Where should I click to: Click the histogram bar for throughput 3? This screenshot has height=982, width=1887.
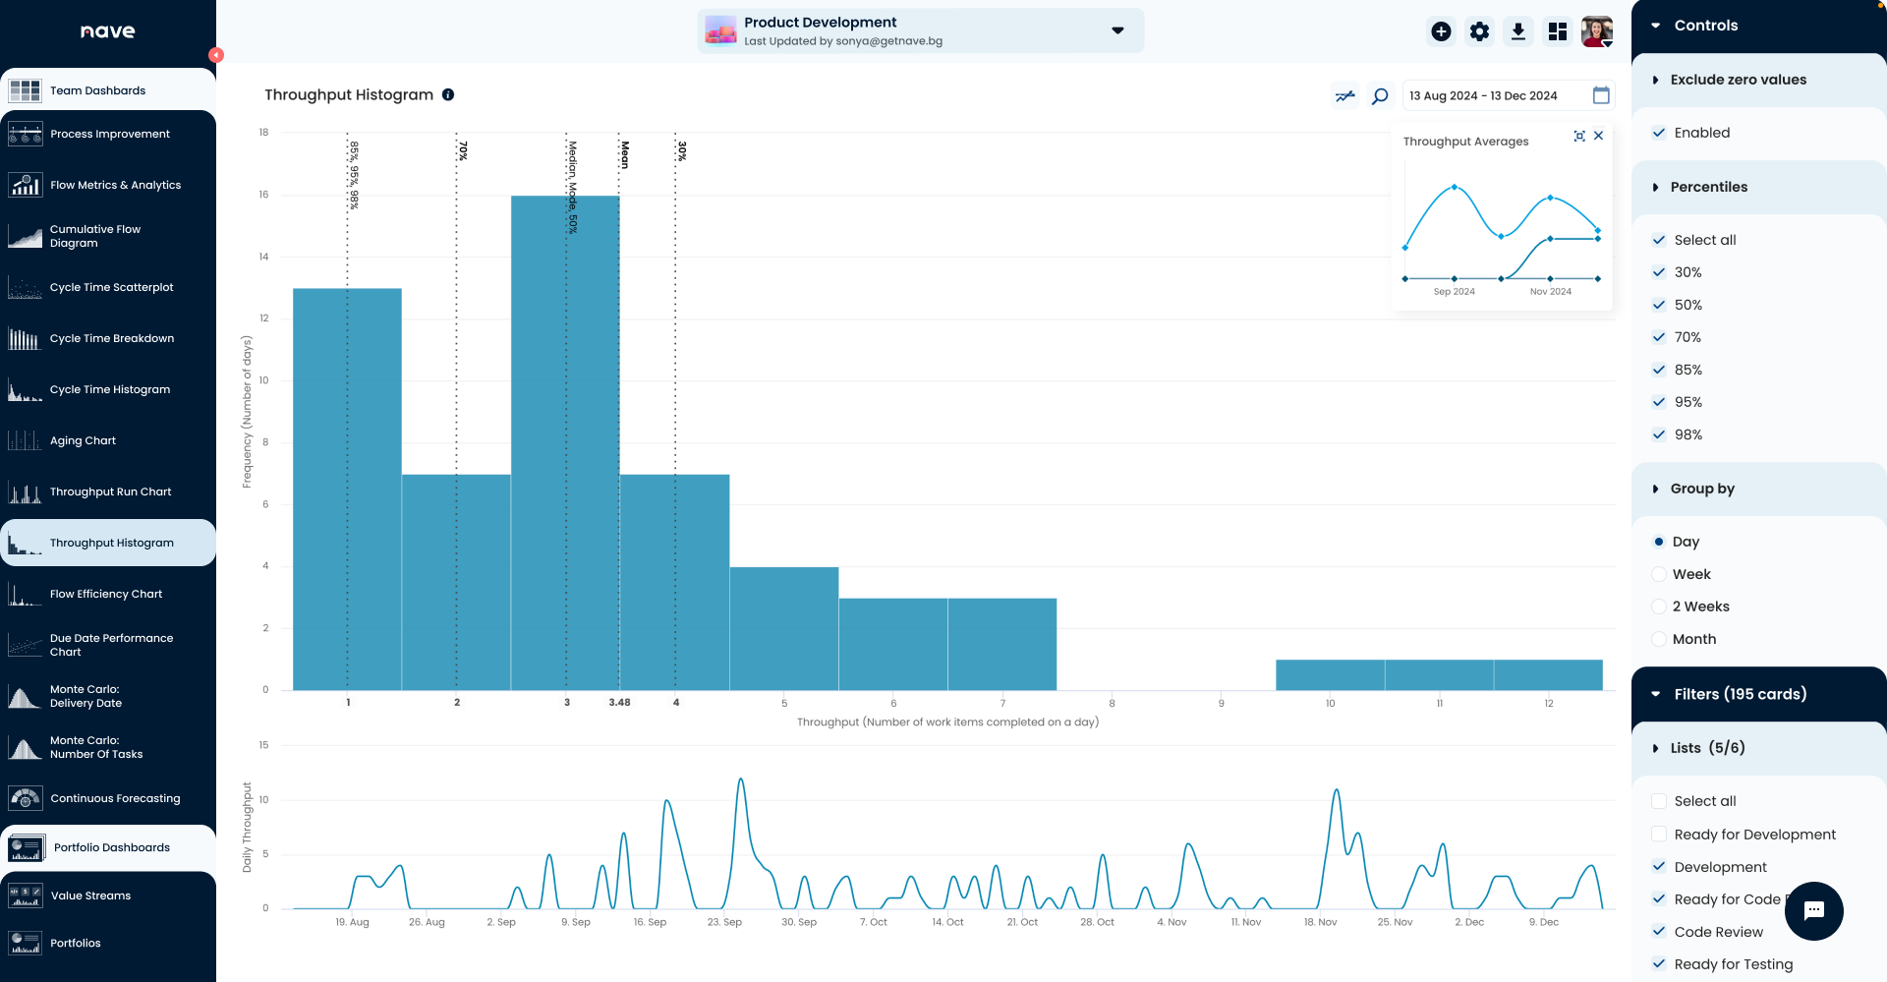565,442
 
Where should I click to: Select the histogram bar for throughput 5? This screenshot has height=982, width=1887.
783,629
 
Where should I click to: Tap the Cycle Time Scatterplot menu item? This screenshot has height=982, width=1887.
111,287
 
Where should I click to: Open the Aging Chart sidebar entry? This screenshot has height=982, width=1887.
83,440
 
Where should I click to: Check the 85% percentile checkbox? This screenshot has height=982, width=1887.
1659,370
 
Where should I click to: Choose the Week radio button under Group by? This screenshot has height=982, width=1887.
1659,574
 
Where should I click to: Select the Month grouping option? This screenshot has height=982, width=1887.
1659,639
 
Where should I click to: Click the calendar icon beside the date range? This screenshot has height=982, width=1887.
1601,95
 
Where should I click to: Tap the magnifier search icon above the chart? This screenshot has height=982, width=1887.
1380,95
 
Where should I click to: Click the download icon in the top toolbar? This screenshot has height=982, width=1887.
1518,31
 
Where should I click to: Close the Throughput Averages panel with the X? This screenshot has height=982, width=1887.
1599,136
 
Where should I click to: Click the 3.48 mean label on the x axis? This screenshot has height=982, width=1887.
619,703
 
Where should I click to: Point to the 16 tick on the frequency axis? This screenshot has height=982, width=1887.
263,195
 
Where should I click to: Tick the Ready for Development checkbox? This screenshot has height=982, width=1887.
1659,835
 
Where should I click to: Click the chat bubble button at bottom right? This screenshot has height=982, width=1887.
1814,911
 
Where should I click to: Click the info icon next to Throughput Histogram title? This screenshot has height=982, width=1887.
448,95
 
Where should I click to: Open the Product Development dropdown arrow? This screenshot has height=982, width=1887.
1117,30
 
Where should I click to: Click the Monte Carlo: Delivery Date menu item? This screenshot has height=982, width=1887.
86,696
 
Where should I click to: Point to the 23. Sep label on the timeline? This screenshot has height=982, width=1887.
724,922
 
